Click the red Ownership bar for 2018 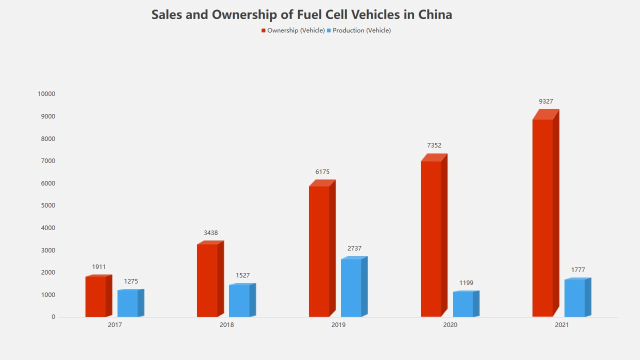pyautogui.click(x=207, y=280)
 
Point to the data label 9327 pyautogui.click(x=546, y=101)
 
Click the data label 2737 pyautogui.click(x=354, y=248)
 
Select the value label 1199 pyautogui.click(x=466, y=283)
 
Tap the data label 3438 pyautogui.click(x=210, y=233)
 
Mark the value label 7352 pyautogui.click(x=434, y=145)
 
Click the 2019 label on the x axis pyautogui.click(x=338, y=325)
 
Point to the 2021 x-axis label pyautogui.click(x=561, y=325)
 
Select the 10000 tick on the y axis pyautogui.click(x=46, y=94)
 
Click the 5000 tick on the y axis pyautogui.click(x=48, y=205)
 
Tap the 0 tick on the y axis pyautogui.click(x=53, y=317)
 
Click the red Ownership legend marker pyautogui.click(x=263, y=30)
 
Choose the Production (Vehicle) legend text pyautogui.click(x=361, y=30)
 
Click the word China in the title pyautogui.click(x=435, y=14)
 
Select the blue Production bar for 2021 pyautogui.click(x=574, y=298)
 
